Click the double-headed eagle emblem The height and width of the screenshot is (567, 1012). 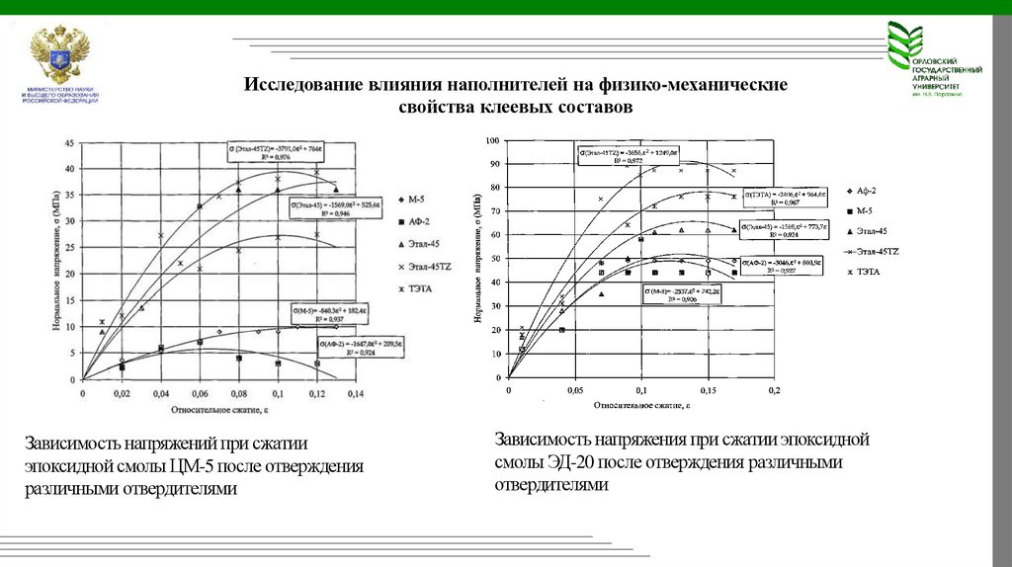pyautogui.click(x=60, y=56)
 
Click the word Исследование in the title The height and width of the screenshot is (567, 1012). pyautogui.click(x=301, y=85)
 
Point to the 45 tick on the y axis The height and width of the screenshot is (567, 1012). pyautogui.click(x=67, y=143)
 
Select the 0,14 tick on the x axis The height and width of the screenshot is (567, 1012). pyautogui.click(x=356, y=393)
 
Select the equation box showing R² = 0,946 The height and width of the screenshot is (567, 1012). pyautogui.click(x=335, y=207)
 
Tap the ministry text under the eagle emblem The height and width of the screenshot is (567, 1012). pyautogui.click(x=59, y=96)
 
